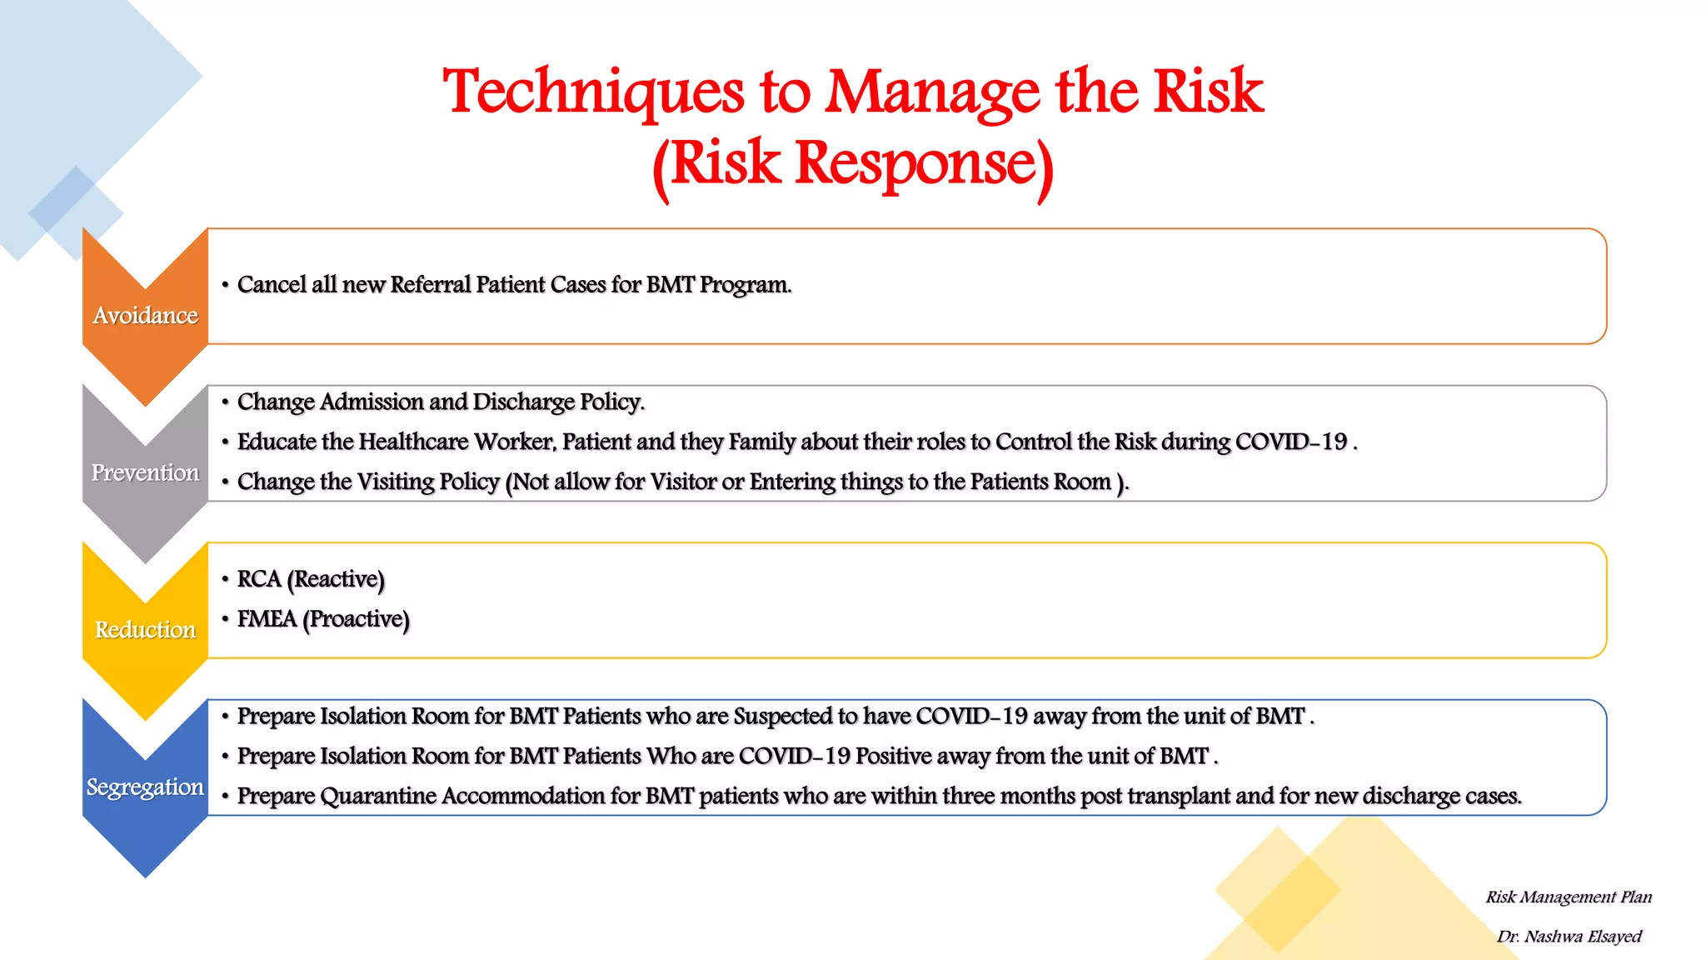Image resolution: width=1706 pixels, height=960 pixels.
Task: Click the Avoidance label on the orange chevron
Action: click(x=145, y=316)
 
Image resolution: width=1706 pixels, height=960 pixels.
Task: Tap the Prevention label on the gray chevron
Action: click(x=145, y=472)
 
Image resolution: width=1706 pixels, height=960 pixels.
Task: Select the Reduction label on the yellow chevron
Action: click(x=145, y=630)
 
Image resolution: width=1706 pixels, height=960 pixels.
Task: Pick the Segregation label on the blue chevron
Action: click(x=145, y=787)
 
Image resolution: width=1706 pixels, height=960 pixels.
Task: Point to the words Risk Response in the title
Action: click(x=853, y=163)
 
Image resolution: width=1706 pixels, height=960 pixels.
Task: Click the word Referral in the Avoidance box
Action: click(x=430, y=285)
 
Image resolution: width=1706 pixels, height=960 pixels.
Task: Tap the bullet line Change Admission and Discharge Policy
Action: click(x=441, y=402)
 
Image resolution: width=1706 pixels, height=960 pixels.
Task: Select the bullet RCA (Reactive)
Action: click(x=311, y=579)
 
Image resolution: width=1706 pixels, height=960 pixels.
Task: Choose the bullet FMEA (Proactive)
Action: click(x=323, y=619)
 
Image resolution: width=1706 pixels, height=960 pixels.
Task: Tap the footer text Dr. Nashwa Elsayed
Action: click(x=1569, y=937)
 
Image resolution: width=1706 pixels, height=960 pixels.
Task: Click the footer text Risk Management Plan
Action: click(x=1569, y=897)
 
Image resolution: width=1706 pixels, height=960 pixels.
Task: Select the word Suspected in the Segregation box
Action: click(x=782, y=717)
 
